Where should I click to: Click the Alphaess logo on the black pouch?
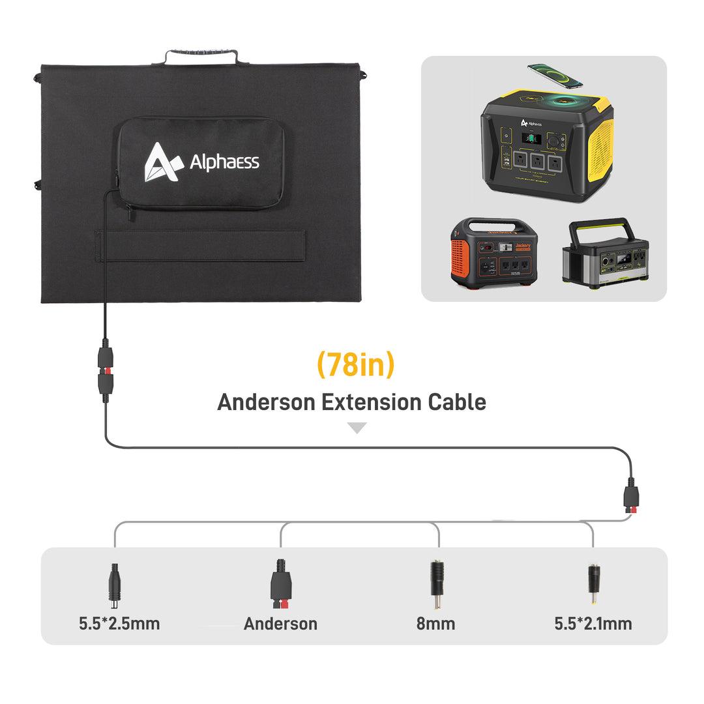[201, 162]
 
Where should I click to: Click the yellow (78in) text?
[355, 365]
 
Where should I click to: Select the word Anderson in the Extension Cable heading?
[265, 402]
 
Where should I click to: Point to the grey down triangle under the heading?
[357, 428]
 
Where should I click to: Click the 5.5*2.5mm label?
[119, 623]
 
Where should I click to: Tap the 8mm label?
[435, 623]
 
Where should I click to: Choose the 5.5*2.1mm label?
[593, 623]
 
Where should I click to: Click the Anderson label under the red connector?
[280, 623]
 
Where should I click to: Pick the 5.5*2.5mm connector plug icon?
[115, 582]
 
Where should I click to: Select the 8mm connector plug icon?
[437, 582]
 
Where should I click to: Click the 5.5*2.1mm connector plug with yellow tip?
[593, 582]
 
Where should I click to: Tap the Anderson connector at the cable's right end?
[630, 497]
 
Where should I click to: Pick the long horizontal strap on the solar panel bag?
[201, 245]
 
